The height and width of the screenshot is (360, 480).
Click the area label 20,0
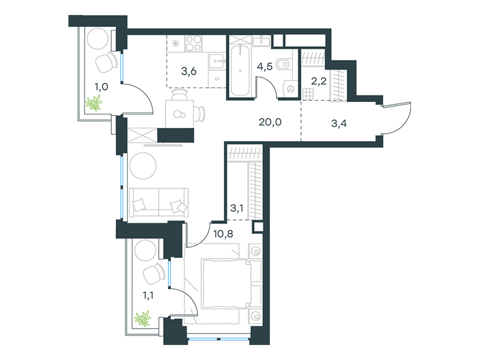[x=270, y=122]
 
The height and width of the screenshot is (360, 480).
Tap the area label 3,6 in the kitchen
[x=189, y=71]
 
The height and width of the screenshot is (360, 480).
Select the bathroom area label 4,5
[x=265, y=66]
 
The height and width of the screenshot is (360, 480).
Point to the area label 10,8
[x=223, y=234]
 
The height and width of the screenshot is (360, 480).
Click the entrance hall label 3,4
[x=339, y=124]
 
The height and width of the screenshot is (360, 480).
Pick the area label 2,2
[x=319, y=81]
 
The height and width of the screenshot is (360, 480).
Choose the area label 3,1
[x=236, y=208]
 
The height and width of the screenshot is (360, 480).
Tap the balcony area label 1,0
[x=101, y=87]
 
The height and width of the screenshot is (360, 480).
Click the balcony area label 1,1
[x=148, y=295]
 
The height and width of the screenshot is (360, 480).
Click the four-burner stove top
[x=193, y=43]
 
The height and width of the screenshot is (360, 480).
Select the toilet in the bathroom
[x=283, y=64]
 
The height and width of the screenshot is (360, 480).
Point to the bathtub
[x=240, y=70]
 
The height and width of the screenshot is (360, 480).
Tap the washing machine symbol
[x=290, y=89]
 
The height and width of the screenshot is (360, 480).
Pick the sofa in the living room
[x=158, y=203]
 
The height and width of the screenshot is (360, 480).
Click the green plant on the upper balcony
[x=94, y=103]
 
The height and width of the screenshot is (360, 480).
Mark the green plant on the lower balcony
[x=143, y=319]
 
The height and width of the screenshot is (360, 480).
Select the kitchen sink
[x=217, y=61]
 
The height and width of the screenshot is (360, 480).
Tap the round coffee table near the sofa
[x=143, y=166]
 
